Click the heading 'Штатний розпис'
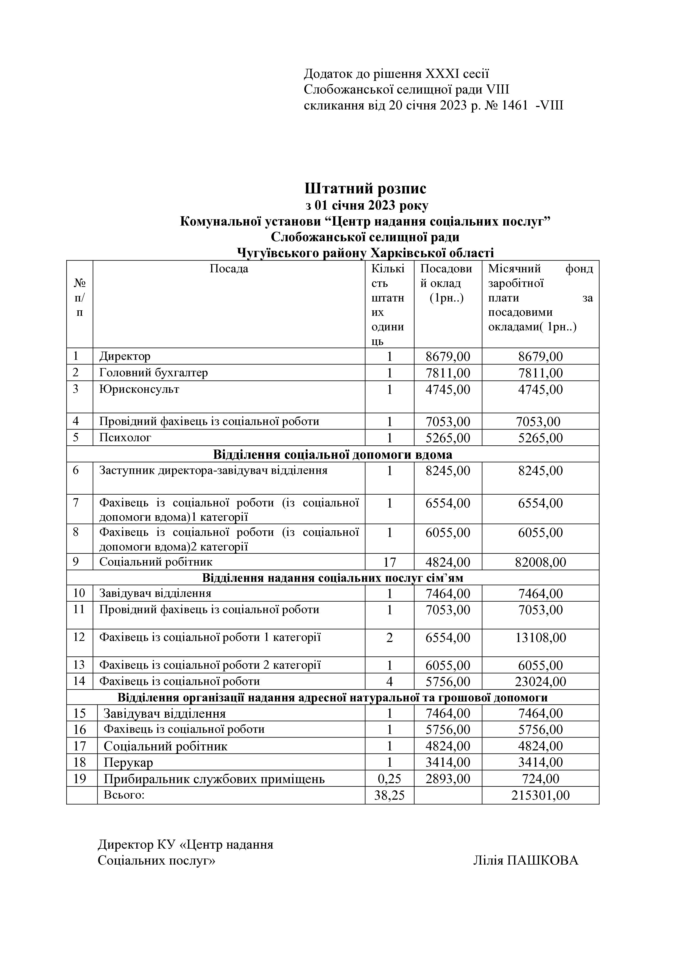pyautogui.click(x=365, y=188)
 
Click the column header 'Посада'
pyautogui.click(x=229, y=268)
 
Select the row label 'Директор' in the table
pyautogui.click(x=125, y=357)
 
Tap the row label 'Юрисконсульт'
pyautogui.click(x=139, y=389)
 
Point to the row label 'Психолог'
pyautogui.click(x=125, y=438)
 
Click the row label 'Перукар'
pyautogui.click(x=128, y=763)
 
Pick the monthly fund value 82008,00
pyautogui.click(x=540, y=562)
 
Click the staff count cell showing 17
pyautogui.click(x=389, y=562)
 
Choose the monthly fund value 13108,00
pyautogui.click(x=540, y=638)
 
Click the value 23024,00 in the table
pyautogui.click(x=540, y=681)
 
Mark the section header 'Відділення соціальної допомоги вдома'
pyautogui.click(x=333, y=454)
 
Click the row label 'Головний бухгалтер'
pyautogui.click(x=153, y=373)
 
